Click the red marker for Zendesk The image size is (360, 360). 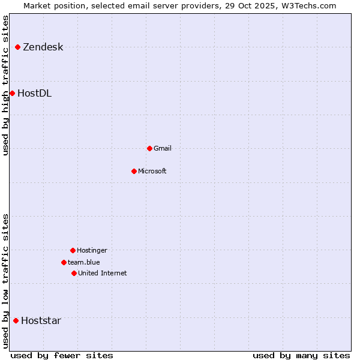tap(17, 47)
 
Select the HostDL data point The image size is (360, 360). tap(12, 93)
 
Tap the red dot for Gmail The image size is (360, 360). tap(149, 148)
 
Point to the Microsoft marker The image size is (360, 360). tap(134, 171)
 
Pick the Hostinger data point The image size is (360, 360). tap(73, 250)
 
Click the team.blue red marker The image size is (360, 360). tap(64, 262)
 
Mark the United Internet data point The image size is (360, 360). tap(74, 273)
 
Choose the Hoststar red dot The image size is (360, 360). tap(16, 320)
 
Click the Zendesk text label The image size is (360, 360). tap(43, 47)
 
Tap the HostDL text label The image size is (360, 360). tap(34, 94)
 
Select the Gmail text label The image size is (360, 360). tap(163, 149)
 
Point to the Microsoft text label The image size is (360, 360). tap(152, 172)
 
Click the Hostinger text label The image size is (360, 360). tap(92, 251)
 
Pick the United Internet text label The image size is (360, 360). tap(102, 274)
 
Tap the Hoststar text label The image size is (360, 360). tap(41, 321)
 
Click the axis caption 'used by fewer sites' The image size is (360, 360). tap(62, 355)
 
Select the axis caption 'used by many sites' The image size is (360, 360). tap(301, 355)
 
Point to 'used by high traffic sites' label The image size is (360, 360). tap(6, 85)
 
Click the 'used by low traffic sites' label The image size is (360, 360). tap(6, 281)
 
